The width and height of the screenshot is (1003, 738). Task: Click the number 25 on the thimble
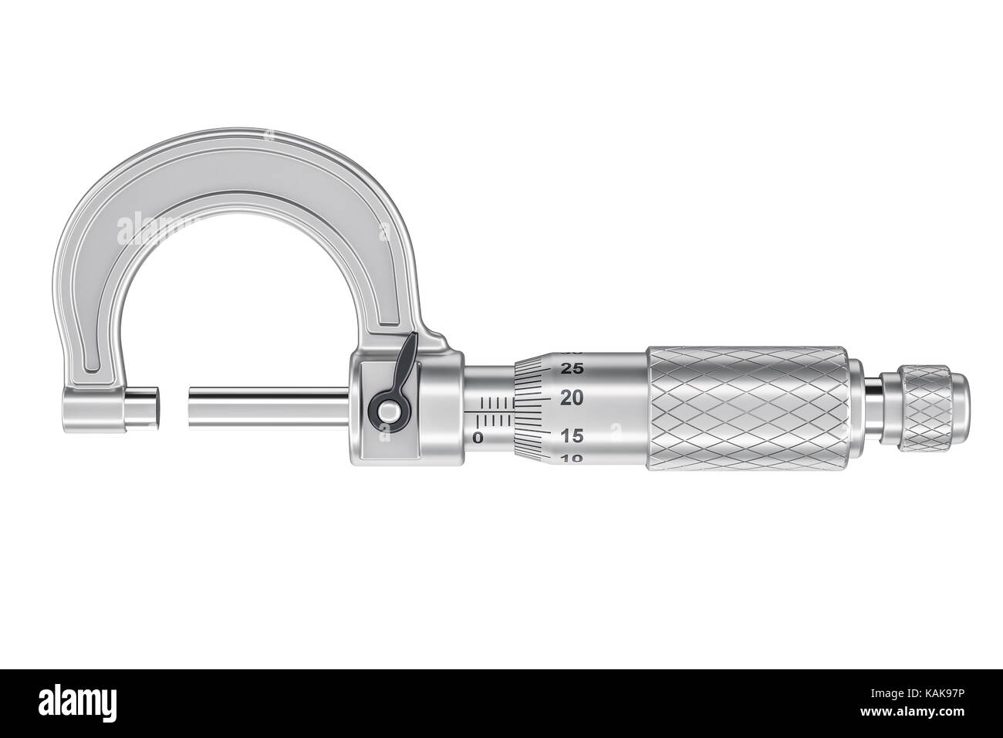[572, 367]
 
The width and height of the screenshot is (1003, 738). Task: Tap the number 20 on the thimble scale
[572, 399]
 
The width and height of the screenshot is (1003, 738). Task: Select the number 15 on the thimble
[572, 436]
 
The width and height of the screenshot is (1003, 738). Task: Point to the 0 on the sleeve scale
[478, 438]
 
